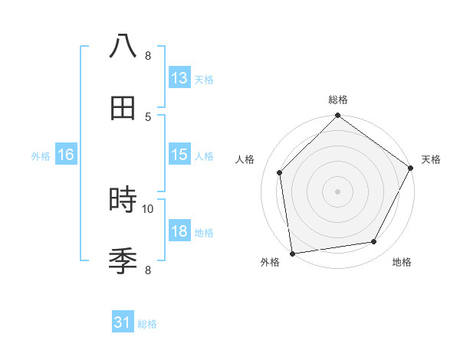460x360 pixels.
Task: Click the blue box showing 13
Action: click(179, 78)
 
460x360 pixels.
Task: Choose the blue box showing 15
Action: click(179, 155)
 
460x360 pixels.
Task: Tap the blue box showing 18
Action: click(179, 231)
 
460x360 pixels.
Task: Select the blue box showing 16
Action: click(66, 155)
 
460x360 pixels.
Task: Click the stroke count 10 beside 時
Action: click(148, 208)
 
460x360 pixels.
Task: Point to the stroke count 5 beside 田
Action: click(148, 116)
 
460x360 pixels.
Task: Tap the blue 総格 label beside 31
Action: click(147, 324)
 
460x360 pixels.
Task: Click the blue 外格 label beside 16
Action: click(41, 155)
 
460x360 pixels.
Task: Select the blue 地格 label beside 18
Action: click(204, 232)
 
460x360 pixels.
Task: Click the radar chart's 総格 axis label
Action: click(338, 100)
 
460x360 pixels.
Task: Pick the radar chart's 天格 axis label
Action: click(431, 159)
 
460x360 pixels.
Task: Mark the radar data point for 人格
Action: click(280, 172)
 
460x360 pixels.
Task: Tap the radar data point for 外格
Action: click(292, 253)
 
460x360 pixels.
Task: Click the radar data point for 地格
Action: click(374, 241)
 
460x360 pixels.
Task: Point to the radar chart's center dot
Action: click(337, 191)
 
